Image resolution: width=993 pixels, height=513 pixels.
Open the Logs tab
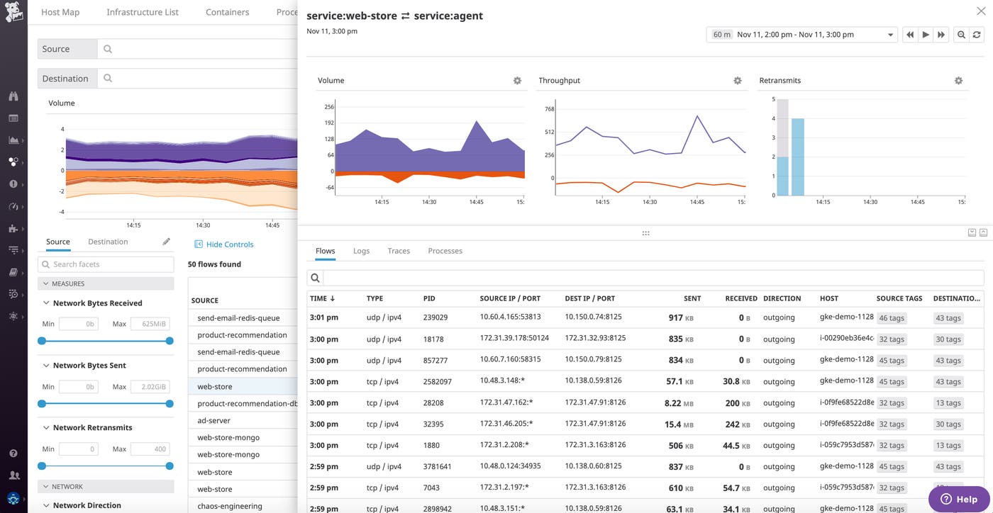click(x=361, y=251)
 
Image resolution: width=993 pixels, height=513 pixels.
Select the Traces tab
click(x=399, y=251)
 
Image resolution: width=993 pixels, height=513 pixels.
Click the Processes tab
click(x=445, y=251)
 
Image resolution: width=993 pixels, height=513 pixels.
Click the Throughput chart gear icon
click(x=738, y=81)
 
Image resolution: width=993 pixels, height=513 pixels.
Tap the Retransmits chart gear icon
click(x=958, y=81)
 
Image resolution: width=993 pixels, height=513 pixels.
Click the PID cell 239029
click(x=436, y=317)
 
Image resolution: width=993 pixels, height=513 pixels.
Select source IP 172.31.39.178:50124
click(x=514, y=339)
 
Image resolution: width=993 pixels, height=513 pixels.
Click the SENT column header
click(x=692, y=298)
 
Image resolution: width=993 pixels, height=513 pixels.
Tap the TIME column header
click(x=322, y=298)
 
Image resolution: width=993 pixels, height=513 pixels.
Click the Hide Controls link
click(x=229, y=244)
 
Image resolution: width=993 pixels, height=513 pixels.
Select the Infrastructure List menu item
click(x=143, y=12)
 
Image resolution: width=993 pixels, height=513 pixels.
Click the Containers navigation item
click(x=227, y=12)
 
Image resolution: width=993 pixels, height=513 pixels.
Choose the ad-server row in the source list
click(x=213, y=420)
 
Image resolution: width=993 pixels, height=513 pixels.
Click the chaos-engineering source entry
click(x=229, y=506)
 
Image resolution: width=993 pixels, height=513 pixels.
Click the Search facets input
click(x=106, y=264)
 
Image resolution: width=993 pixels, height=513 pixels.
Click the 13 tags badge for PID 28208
click(x=948, y=402)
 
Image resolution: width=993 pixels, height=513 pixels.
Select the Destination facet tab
click(x=108, y=242)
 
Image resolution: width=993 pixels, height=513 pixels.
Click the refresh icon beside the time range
click(x=977, y=35)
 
